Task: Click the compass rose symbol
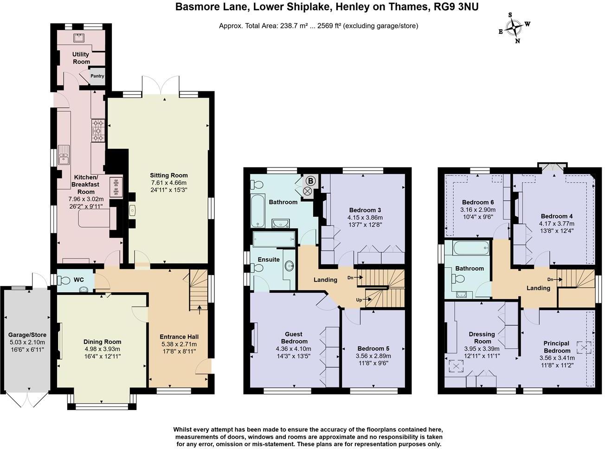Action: point(515,28)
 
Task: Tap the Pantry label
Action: point(97,76)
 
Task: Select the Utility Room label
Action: point(81,58)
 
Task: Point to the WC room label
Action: point(79,280)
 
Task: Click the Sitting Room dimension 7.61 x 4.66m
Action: point(168,183)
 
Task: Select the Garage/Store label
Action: point(26,334)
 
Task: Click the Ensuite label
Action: point(269,259)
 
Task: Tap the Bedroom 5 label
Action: point(373,349)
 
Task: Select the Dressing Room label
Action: point(482,338)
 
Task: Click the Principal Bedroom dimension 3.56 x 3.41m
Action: point(557,358)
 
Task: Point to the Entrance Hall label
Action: point(179,337)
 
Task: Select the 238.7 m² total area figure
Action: point(294,26)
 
